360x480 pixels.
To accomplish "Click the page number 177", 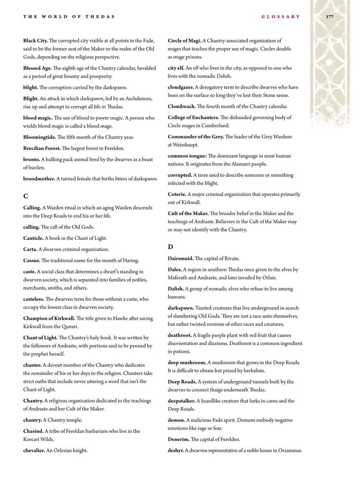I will click(330, 16).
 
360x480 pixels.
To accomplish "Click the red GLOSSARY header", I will click(280, 16).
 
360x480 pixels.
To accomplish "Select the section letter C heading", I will click(26, 196).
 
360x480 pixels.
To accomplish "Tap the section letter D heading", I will click(171, 247).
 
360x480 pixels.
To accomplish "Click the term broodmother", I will click(39, 179).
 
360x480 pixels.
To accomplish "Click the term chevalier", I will click(34, 450).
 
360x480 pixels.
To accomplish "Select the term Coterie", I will click(177, 194).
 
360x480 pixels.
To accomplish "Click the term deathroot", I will click(180, 335).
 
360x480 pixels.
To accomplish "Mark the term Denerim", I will click(179, 439).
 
